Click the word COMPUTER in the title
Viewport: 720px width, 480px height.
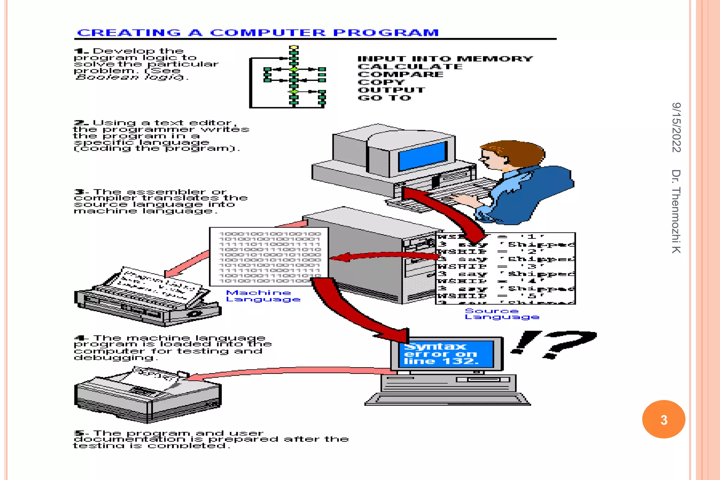(x=268, y=33)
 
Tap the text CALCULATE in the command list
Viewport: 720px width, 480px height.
(x=410, y=66)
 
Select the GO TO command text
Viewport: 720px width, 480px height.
(x=384, y=98)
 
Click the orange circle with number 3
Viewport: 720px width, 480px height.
(x=663, y=419)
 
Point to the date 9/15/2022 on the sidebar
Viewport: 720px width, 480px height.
(x=676, y=127)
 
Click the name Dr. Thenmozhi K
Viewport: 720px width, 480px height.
(x=676, y=211)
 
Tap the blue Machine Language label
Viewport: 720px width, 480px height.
(x=263, y=296)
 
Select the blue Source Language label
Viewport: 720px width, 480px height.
(x=501, y=314)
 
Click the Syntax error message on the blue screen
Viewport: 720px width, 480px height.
(x=441, y=354)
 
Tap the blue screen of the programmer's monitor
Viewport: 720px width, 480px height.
(x=422, y=156)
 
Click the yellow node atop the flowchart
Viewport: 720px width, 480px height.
(x=294, y=47)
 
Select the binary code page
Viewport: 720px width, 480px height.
(x=269, y=257)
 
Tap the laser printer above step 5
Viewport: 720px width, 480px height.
(x=148, y=396)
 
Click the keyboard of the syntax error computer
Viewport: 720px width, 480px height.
(x=447, y=399)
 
